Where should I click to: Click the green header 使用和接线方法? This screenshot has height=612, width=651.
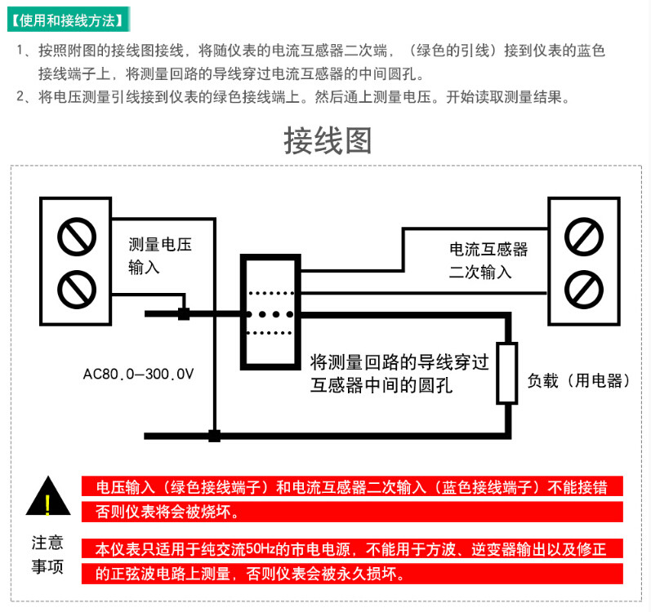click(69, 20)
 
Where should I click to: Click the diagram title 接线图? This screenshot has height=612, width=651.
click(328, 140)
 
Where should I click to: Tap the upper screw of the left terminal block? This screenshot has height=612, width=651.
click(77, 237)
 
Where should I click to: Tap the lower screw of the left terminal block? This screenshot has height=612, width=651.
click(77, 290)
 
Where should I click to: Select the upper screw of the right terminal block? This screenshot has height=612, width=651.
click(584, 237)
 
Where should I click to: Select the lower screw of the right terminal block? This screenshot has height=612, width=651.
click(584, 290)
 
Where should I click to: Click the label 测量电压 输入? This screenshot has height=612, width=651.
click(160, 256)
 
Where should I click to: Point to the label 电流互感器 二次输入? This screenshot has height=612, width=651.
click(488, 260)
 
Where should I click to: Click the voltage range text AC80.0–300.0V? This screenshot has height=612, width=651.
click(138, 374)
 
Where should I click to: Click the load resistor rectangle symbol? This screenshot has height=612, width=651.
click(507, 373)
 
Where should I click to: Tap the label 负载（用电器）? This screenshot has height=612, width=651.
click(578, 380)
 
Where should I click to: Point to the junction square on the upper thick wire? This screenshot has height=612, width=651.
click(184, 314)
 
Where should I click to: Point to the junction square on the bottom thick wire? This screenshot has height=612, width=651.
click(214, 436)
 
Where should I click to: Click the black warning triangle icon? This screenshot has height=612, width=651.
click(48, 495)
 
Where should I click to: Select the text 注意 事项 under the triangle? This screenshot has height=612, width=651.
click(47, 554)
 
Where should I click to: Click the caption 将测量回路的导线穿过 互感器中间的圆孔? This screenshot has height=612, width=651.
click(399, 374)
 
